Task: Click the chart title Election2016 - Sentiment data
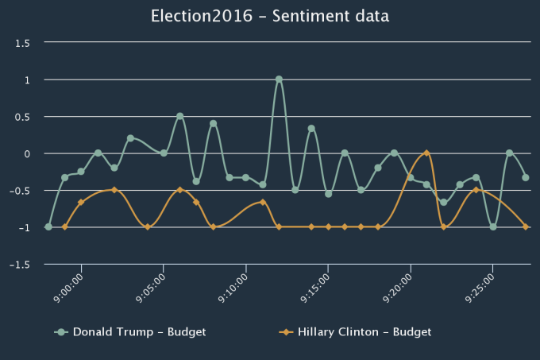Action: (x=270, y=15)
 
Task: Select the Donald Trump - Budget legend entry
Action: (x=139, y=331)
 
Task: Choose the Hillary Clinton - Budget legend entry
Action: (x=364, y=331)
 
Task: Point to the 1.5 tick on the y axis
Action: (x=22, y=43)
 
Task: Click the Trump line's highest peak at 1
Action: (x=279, y=79)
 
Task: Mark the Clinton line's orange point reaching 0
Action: (x=427, y=153)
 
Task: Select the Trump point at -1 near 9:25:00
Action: (x=493, y=226)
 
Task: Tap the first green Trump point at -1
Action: (x=48, y=226)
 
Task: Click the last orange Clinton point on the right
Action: (x=526, y=226)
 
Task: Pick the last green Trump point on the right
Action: (x=526, y=177)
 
